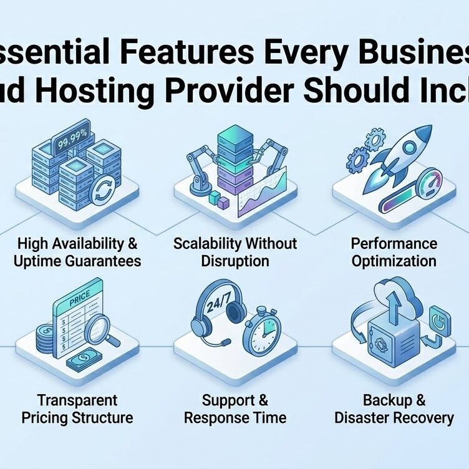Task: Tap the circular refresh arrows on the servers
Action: tap(102, 191)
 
